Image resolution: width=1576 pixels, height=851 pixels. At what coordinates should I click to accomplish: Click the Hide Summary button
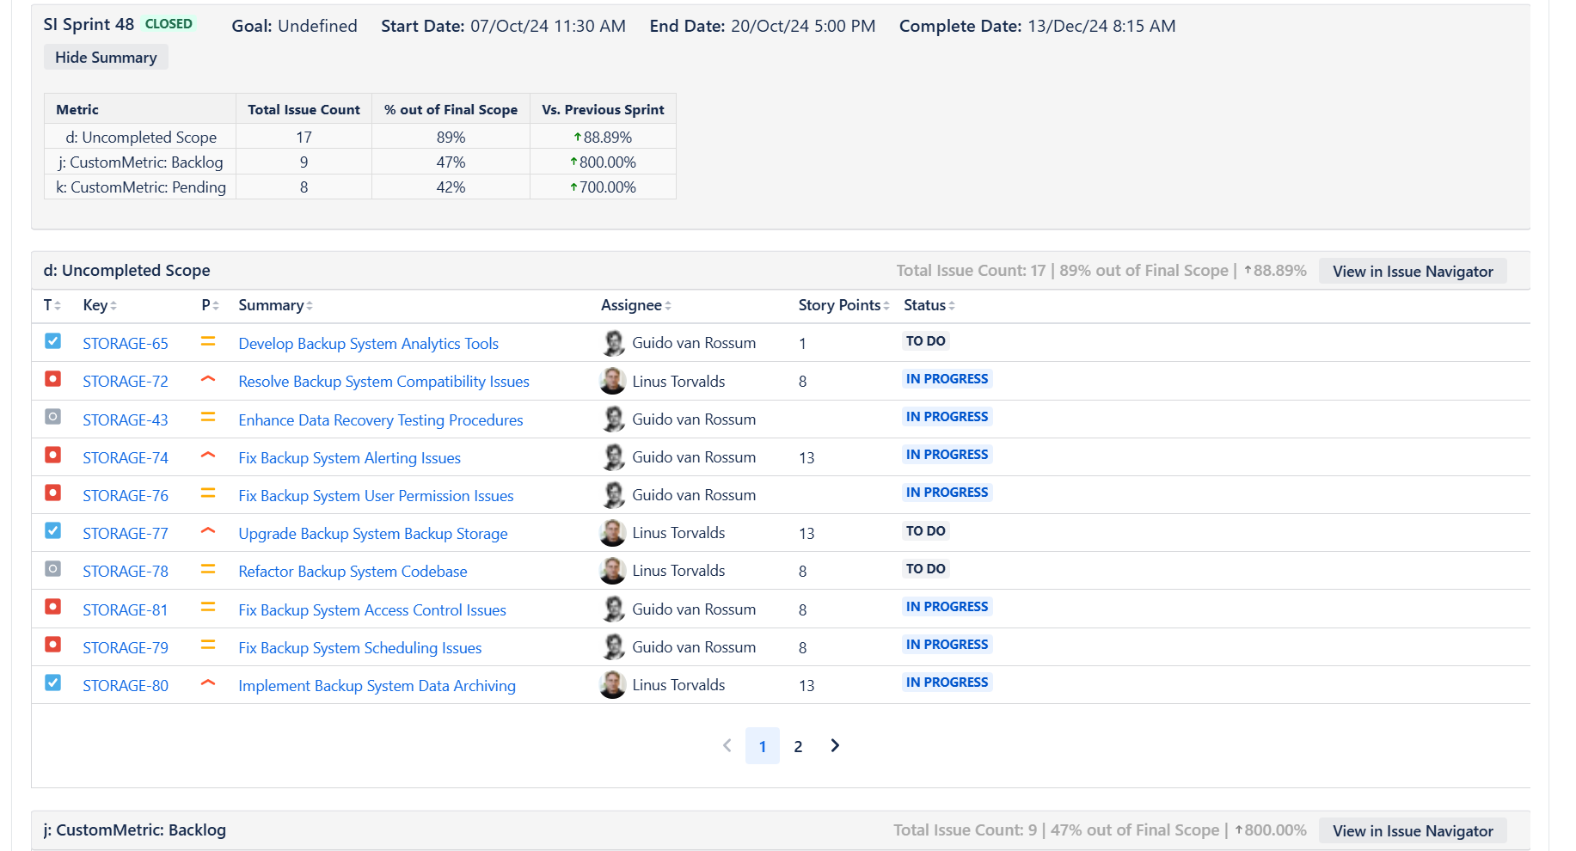106,58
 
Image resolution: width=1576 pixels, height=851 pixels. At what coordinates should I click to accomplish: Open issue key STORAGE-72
126,382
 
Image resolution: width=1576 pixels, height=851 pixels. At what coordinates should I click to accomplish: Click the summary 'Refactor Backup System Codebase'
353,572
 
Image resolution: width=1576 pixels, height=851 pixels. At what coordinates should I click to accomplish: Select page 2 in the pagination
798,746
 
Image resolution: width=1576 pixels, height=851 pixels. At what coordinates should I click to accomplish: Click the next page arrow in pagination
834,745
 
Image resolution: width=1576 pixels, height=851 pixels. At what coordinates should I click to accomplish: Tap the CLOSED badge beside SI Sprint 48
169,24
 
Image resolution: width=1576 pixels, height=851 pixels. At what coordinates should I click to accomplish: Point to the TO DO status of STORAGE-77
925,531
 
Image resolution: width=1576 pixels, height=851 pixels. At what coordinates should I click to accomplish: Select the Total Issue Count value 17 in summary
304,138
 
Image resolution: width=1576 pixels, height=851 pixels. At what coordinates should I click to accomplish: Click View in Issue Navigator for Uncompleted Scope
1412,272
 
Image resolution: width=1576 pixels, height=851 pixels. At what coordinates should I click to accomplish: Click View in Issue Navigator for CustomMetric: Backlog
1412,831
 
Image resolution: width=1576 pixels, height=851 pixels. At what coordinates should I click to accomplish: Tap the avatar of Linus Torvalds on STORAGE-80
613,685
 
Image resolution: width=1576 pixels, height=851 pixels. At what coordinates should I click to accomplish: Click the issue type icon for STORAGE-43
53,417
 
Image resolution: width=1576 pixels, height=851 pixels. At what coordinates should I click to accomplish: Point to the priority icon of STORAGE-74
207,456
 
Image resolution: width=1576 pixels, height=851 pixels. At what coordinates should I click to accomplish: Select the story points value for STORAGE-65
802,344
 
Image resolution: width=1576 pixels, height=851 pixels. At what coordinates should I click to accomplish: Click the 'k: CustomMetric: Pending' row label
141,187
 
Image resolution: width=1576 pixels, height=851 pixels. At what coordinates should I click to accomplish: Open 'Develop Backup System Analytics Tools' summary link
368,344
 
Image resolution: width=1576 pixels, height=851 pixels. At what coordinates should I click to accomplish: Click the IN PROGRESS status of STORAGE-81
947,607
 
